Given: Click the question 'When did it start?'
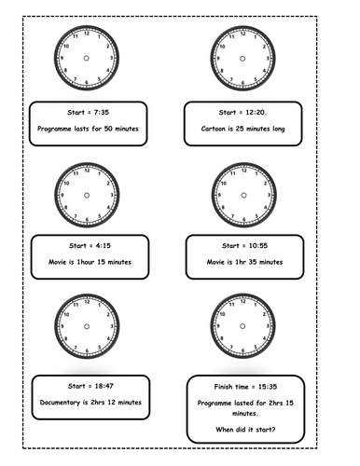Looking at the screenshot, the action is click(x=244, y=431).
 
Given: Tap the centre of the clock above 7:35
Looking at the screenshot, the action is click(x=87, y=58).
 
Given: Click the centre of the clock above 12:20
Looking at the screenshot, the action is click(x=242, y=58).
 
